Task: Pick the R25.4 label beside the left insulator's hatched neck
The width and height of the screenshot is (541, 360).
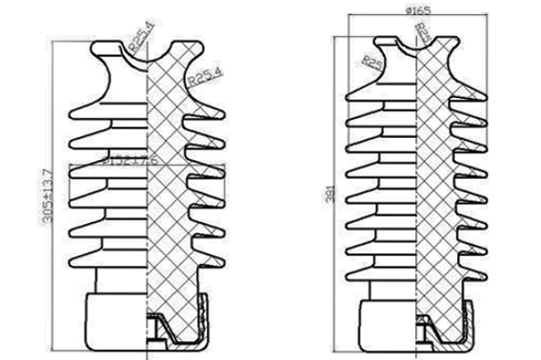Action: pos(204,73)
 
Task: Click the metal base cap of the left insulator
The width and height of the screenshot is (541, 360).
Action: pos(113,318)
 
